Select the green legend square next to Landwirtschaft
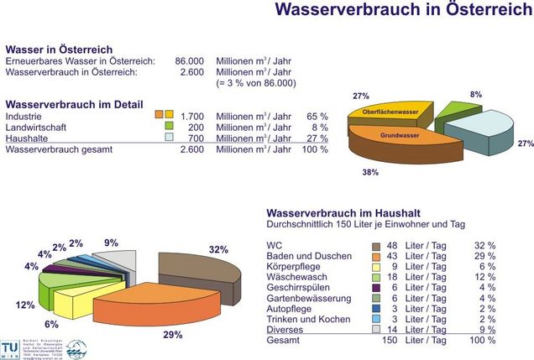[x=169, y=126]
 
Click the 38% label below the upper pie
[x=369, y=171]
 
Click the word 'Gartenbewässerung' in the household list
[x=309, y=296]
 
